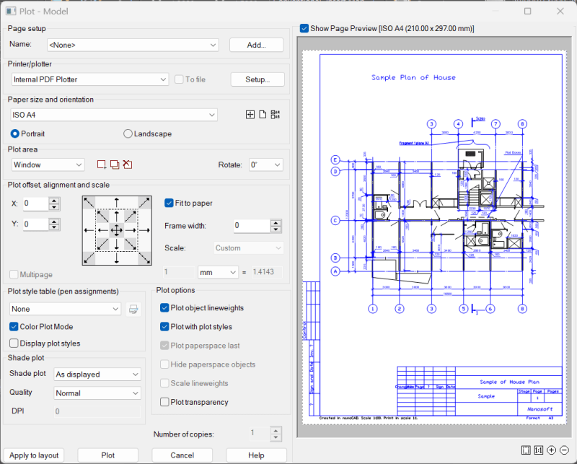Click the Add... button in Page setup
tap(256, 45)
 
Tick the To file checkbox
tap(179, 79)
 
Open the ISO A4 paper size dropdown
tap(113, 115)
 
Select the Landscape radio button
tap(128, 133)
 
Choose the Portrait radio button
tap(15, 133)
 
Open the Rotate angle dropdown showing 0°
tap(266, 165)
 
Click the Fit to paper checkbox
tap(169, 203)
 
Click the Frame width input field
tap(251, 226)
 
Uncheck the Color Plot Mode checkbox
tap(14, 326)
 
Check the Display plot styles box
tap(14, 343)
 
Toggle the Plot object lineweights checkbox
tap(165, 308)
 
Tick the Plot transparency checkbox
tap(165, 402)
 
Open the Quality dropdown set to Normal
tap(97, 393)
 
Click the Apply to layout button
tap(34, 455)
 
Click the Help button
tap(256, 455)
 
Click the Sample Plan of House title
tap(413, 77)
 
